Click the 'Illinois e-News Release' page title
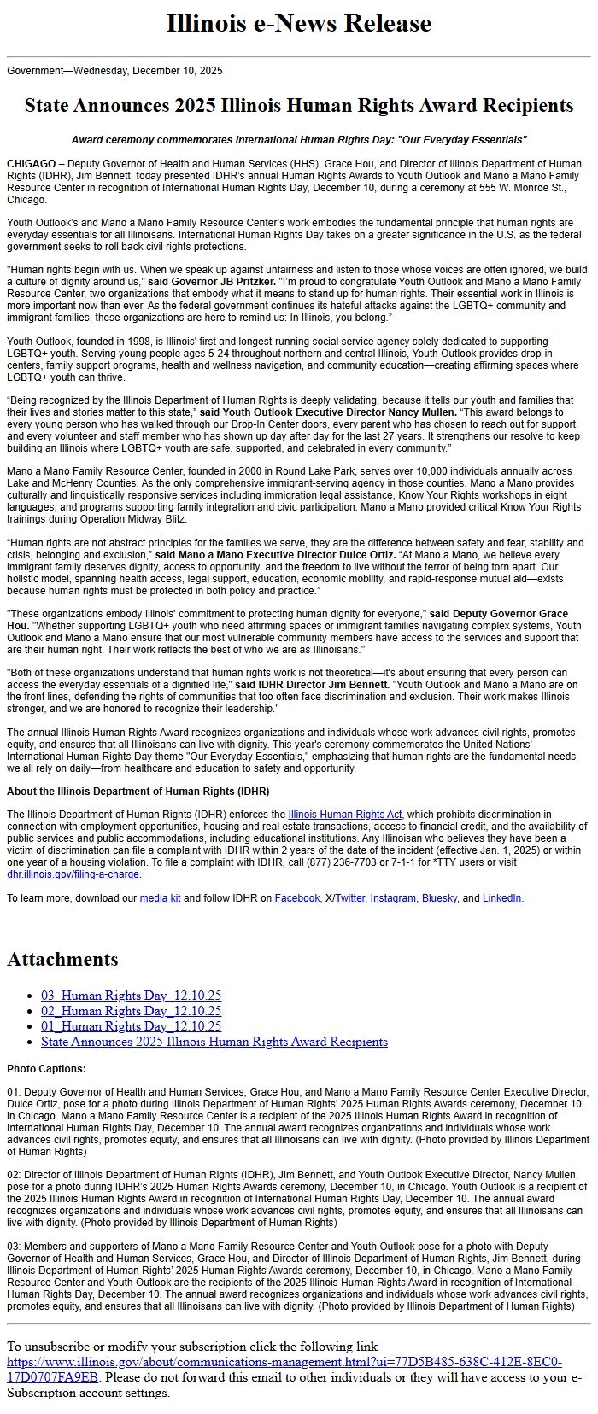coord(298,23)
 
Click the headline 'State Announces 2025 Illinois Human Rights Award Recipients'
coord(298,106)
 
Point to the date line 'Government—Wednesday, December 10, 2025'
coord(114,71)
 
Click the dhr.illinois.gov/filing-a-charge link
coord(73,874)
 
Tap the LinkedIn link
coord(501,898)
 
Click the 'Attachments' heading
coord(62,959)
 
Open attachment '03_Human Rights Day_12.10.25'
coord(131,996)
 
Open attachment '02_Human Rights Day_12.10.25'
coord(131,1011)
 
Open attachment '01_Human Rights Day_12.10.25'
coord(131,1026)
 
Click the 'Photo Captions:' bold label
coord(46,1069)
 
